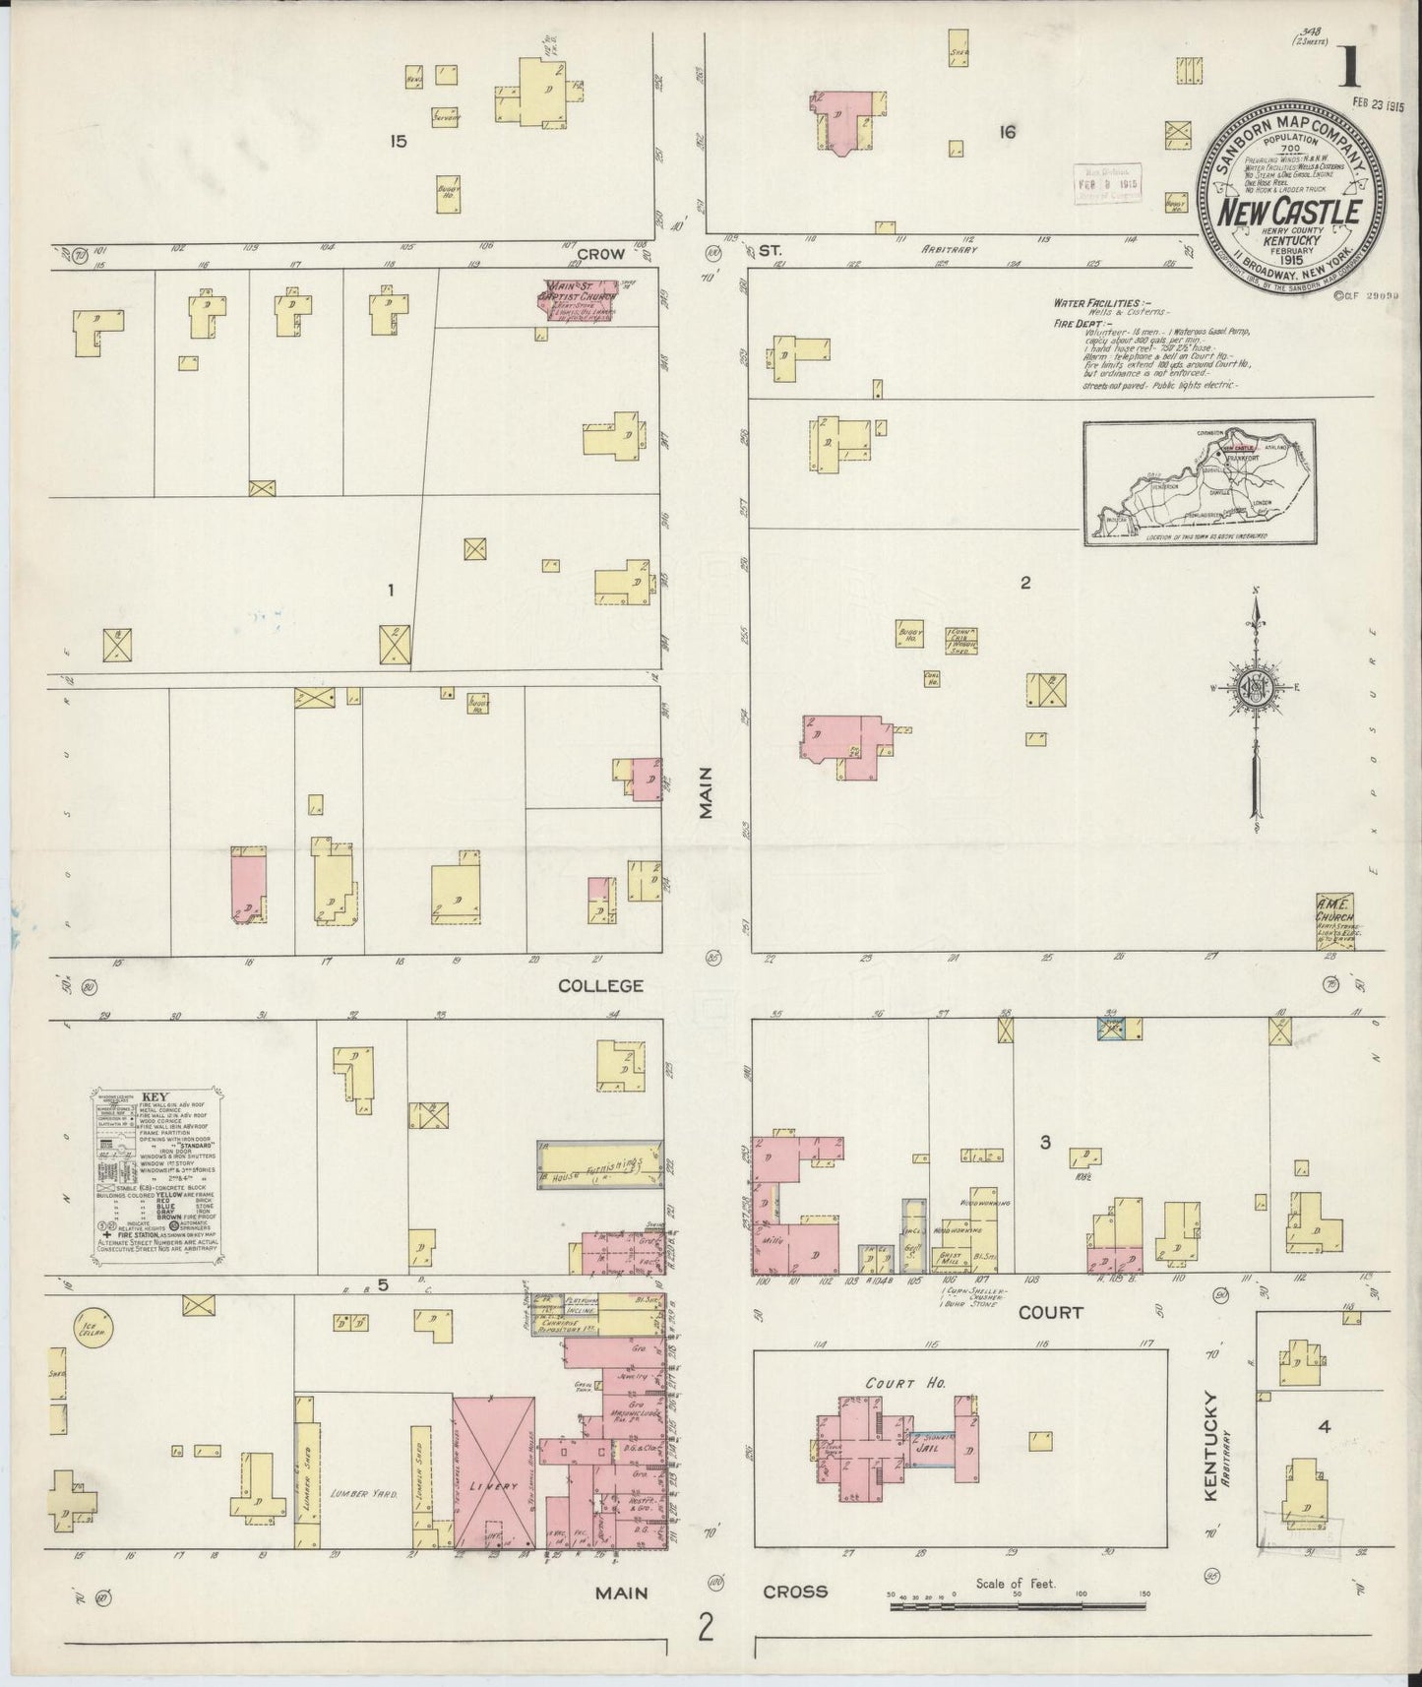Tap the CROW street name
tap(600, 254)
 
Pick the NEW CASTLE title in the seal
tap(1290, 212)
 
